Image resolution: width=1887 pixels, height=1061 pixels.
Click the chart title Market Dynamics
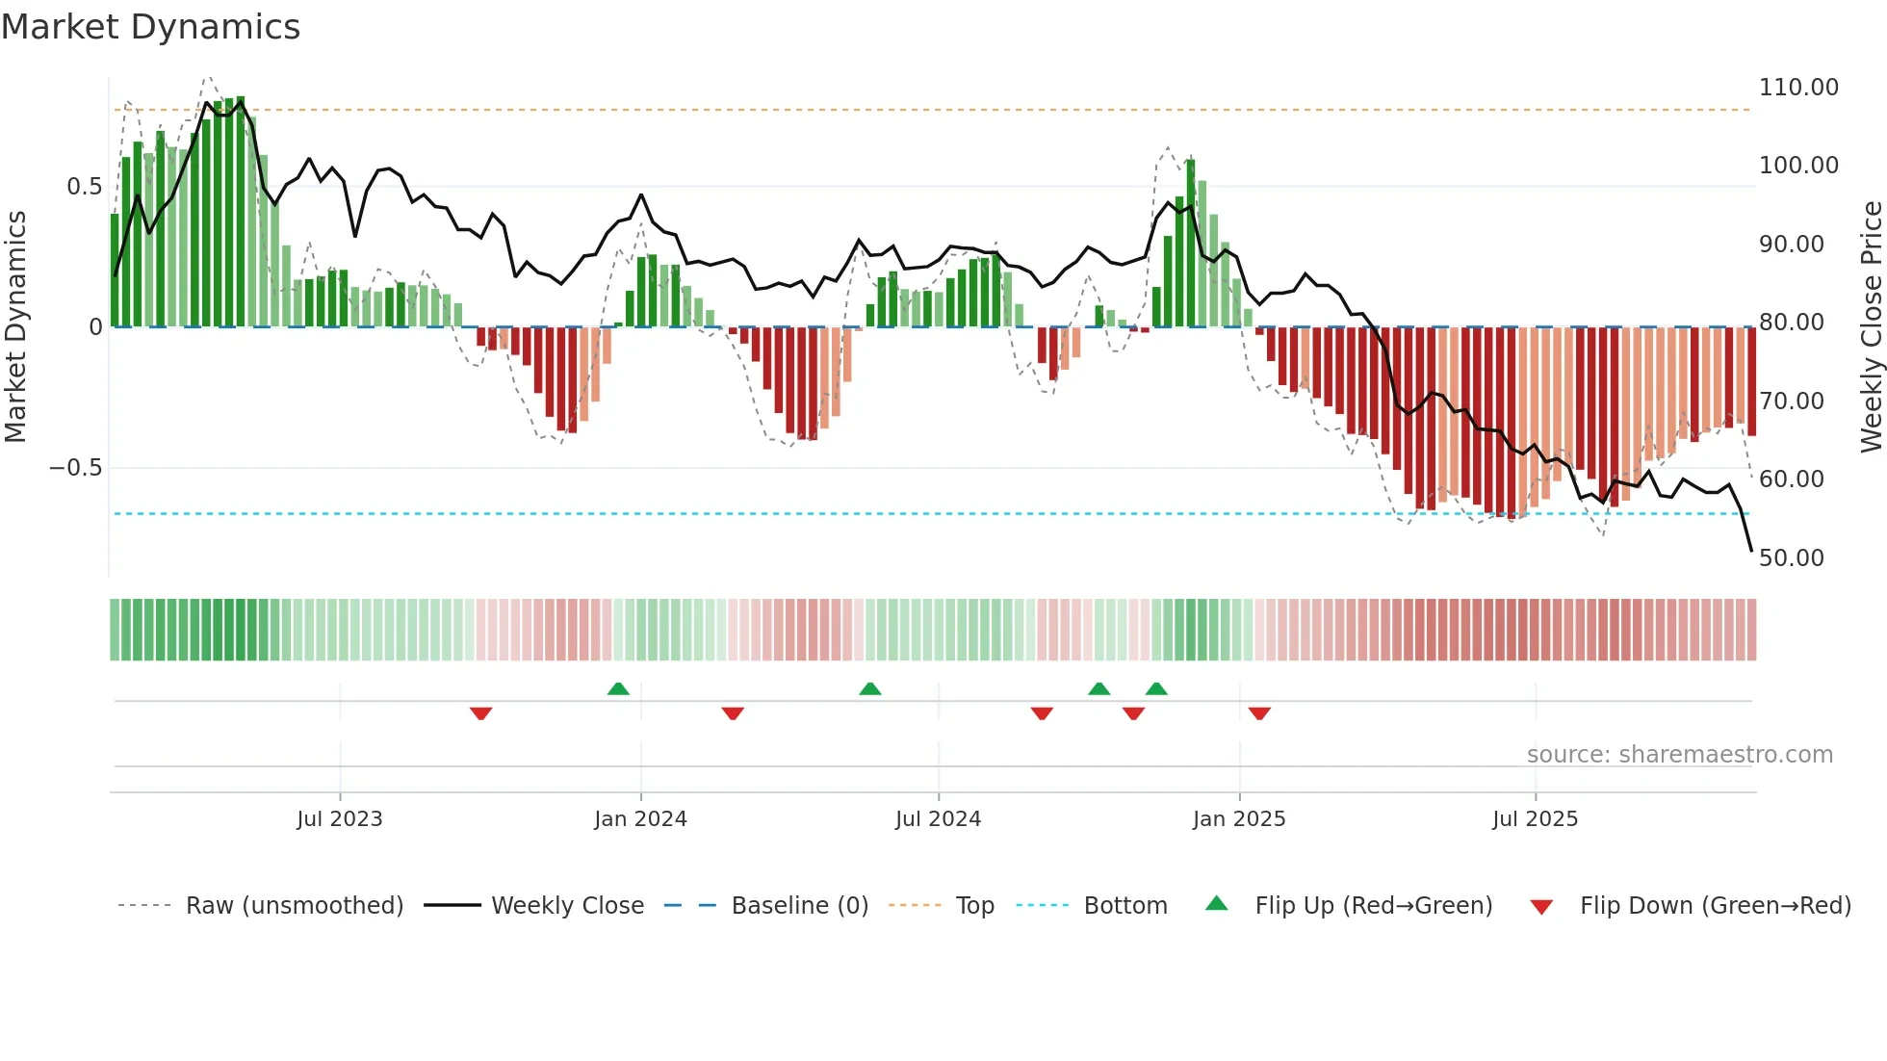pyautogui.click(x=150, y=27)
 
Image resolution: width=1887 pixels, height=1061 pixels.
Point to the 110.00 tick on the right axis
pyautogui.click(x=1797, y=88)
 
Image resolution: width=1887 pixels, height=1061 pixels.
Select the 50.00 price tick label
pyautogui.click(x=1791, y=558)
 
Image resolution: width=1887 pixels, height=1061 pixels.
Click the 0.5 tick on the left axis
pyautogui.click(x=84, y=187)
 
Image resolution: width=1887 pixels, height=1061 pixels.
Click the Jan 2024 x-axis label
pyautogui.click(x=640, y=819)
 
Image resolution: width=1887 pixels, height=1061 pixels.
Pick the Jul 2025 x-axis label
pyautogui.click(x=1535, y=819)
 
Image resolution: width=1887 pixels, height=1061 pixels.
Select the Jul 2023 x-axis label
pyautogui.click(x=339, y=819)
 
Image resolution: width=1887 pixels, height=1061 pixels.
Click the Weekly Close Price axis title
pyautogui.click(x=1871, y=326)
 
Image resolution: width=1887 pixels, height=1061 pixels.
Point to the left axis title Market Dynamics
pyautogui.click(x=15, y=326)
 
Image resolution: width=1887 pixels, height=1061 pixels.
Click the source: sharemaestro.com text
pyautogui.click(x=1679, y=755)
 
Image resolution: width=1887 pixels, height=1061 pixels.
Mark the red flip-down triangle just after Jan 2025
pyautogui.click(x=1259, y=713)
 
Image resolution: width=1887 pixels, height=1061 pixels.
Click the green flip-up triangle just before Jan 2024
pyautogui.click(x=618, y=688)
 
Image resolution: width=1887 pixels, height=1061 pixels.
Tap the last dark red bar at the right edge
pyautogui.click(x=1751, y=382)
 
